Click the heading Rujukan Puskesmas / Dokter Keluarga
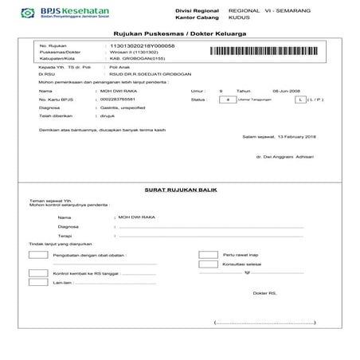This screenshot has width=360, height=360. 179,36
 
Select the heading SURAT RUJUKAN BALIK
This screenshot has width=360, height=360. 179,191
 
